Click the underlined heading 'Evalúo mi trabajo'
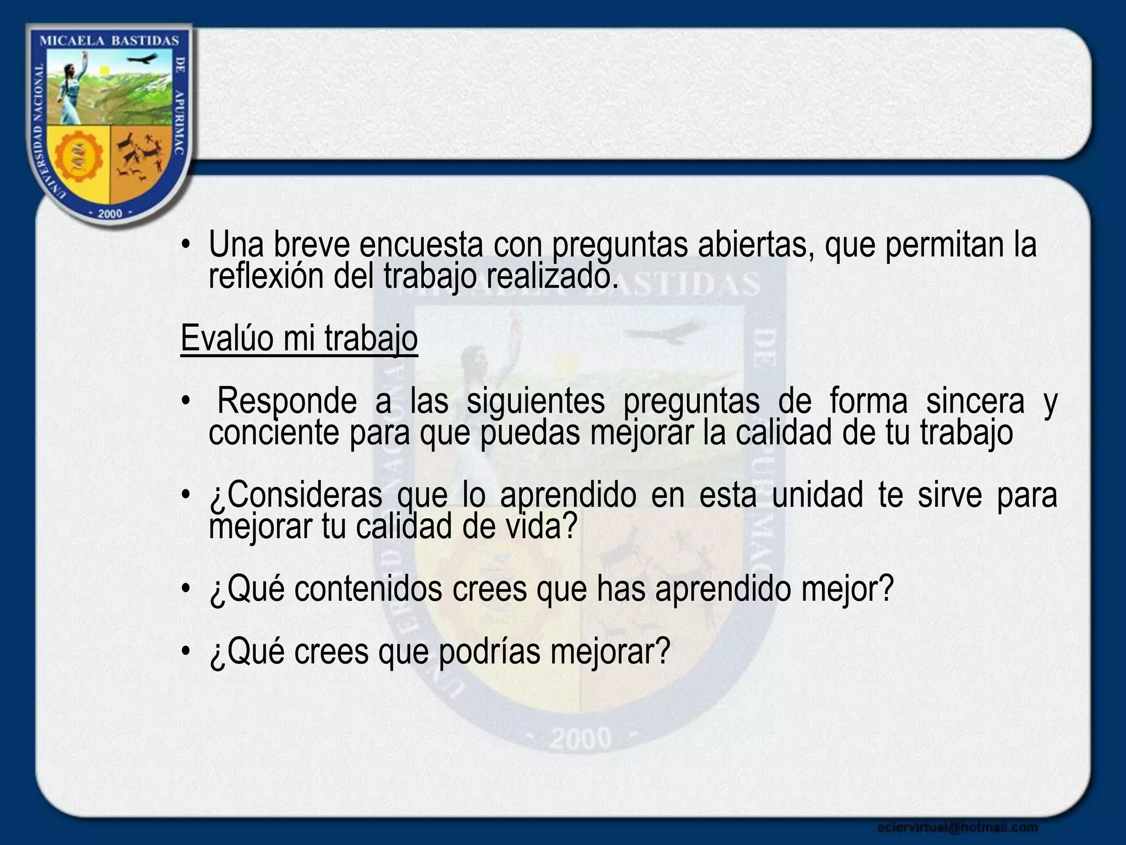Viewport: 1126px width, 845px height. pyautogui.click(x=299, y=338)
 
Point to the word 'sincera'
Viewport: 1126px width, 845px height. pyautogui.click(x=975, y=401)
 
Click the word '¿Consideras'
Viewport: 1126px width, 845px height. pyautogui.click(x=295, y=495)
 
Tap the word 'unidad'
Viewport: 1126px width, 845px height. pyautogui.click(x=817, y=495)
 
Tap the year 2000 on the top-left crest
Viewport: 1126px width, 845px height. pyautogui.click(x=109, y=213)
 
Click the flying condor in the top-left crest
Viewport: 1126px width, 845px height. pyautogui.click(x=145, y=59)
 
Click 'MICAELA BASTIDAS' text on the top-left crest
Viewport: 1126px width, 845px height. pyautogui.click(x=110, y=41)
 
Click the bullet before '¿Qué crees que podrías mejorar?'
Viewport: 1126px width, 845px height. pyautogui.click(x=187, y=652)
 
